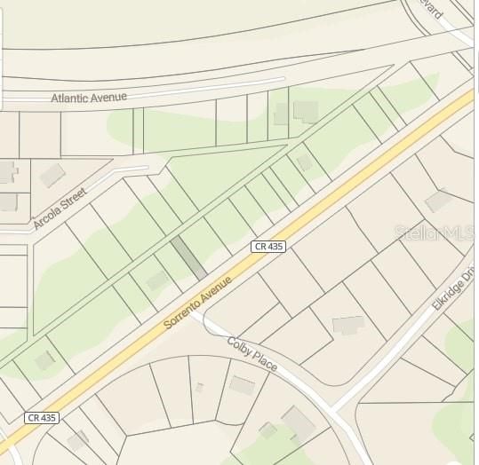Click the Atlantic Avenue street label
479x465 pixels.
pos(89,97)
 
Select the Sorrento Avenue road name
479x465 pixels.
pos(197,303)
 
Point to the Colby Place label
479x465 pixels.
pos(251,354)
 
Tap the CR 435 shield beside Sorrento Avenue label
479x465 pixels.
pos(267,246)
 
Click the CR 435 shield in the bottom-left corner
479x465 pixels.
pos(41,417)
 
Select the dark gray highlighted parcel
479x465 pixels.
pos(188,257)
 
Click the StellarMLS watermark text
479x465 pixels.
pos(435,232)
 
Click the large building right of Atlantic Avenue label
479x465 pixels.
pos(306,111)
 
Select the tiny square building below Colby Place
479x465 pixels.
pos(199,387)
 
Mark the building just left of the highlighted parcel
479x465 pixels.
pos(157,280)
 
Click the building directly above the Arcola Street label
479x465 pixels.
pos(52,174)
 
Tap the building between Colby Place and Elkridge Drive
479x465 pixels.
pos(348,325)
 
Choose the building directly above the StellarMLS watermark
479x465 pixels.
pos(438,201)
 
